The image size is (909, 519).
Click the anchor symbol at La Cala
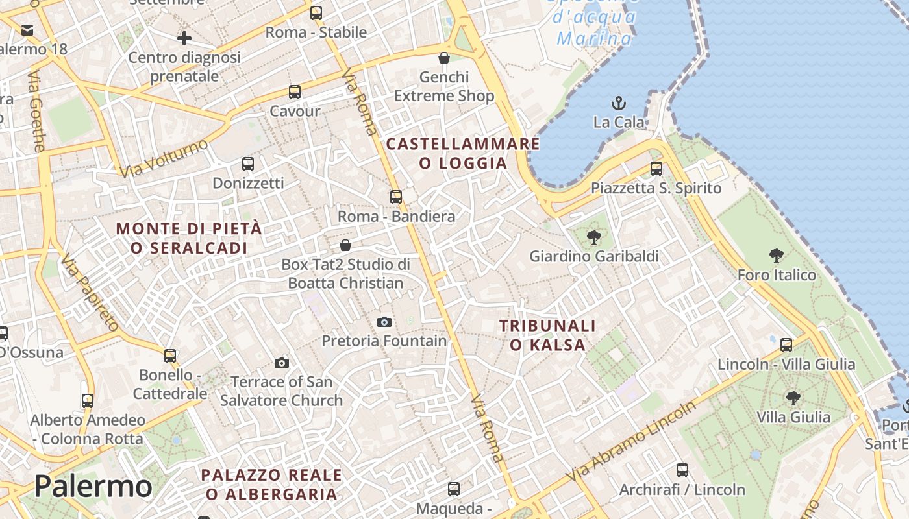coord(619,103)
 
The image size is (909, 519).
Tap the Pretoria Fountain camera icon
coord(384,322)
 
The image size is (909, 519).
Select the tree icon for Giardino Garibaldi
coord(593,237)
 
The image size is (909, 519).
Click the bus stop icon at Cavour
coord(295,92)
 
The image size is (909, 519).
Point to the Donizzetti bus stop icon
coord(247,164)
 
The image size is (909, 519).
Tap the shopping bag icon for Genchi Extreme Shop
coord(444,58)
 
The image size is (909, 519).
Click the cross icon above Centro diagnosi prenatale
coord(184,38)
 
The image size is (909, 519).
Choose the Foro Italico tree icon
coord(776,256)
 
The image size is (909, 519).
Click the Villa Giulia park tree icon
coord(793,398)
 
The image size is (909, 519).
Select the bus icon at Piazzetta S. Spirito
coord(656,169)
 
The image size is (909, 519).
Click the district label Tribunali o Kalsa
coord(547,335)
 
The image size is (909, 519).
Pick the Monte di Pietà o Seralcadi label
coord(189,238)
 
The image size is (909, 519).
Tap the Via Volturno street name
coord(164,158)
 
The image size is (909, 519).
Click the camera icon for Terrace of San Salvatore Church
coord(282,363)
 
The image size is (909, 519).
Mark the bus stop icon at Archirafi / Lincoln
coord(682,470)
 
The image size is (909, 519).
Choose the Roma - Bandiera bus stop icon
coord(396,197)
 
